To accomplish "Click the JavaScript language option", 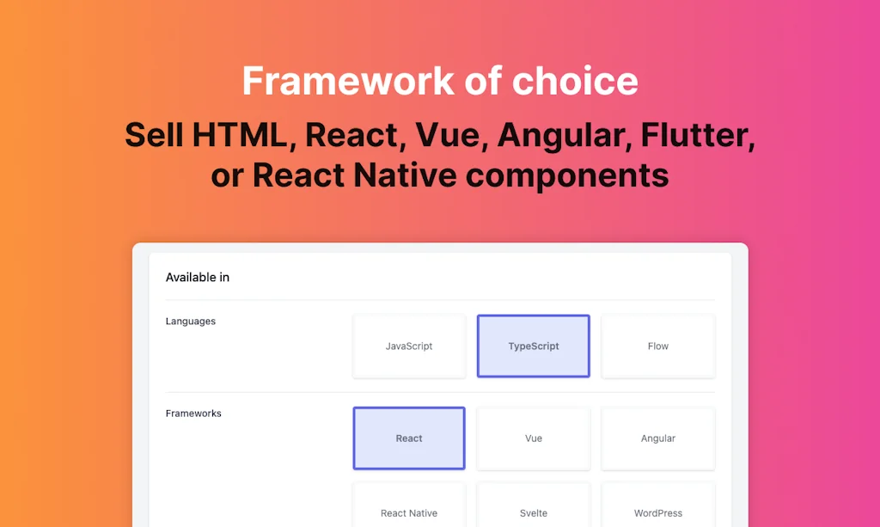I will [409, 346].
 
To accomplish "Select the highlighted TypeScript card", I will [534, 346].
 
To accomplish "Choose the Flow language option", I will [658, 346].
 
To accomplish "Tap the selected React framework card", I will [409, 438].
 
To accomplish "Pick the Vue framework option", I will [534, 438].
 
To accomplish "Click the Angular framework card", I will [658, 438].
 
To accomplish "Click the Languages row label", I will [191, 322].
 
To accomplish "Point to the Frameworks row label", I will [193, 414].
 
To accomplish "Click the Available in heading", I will [198, 278].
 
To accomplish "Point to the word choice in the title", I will [575, 82].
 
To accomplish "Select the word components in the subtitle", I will [567, 175].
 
